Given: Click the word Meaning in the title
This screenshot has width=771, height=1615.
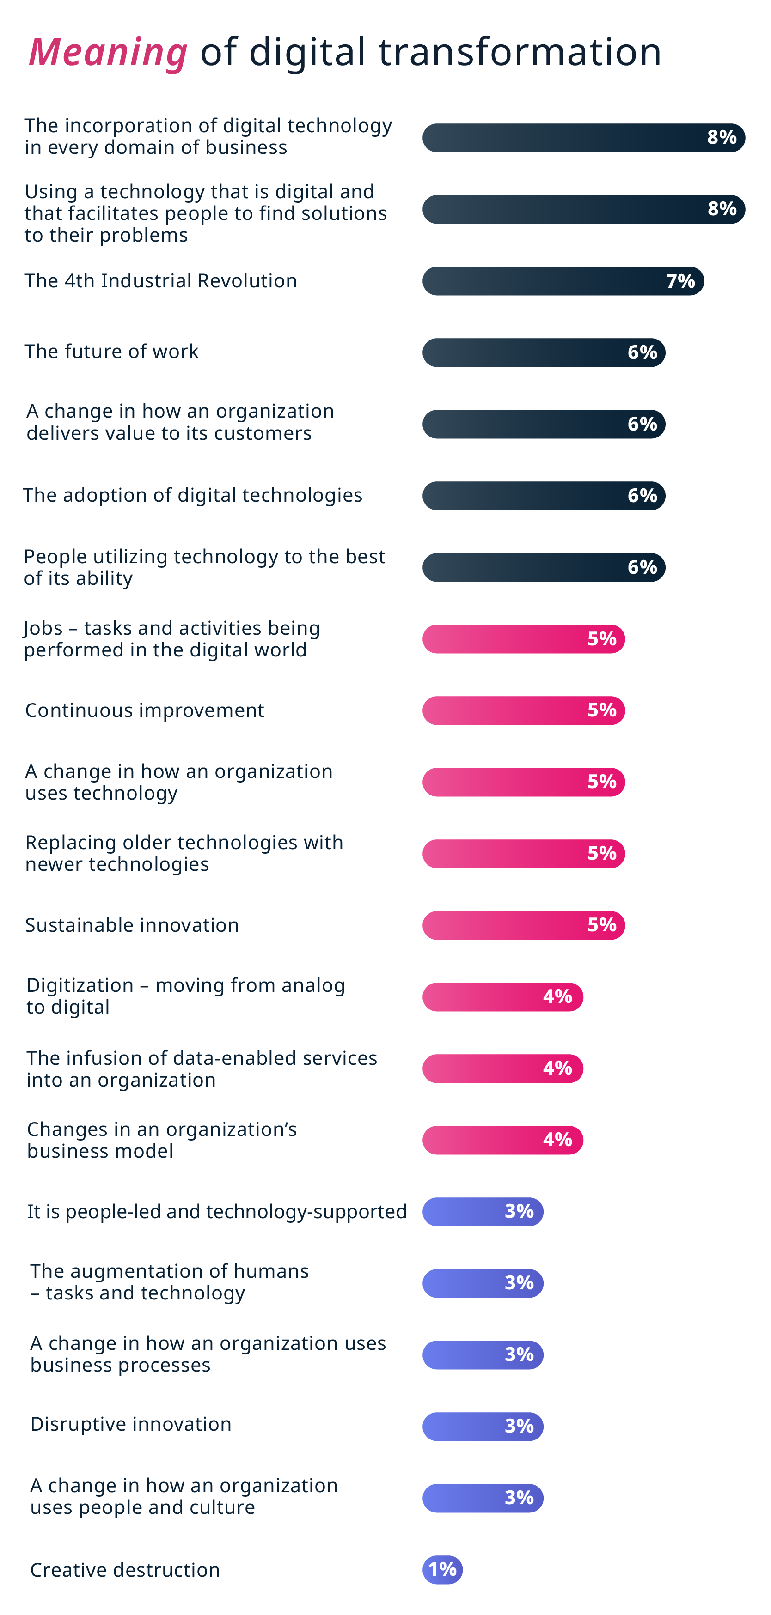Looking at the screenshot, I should tap(108, 52).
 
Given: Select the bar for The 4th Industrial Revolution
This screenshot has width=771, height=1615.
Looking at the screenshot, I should tap(546, 281).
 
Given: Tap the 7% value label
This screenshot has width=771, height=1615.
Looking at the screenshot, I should tap(680, 281).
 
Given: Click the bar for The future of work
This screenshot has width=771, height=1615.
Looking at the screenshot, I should tap(527, 352).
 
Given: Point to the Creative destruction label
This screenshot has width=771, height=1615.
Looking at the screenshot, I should tap(125, 1570).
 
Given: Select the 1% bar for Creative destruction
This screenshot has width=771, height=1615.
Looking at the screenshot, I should tap(442, 1570).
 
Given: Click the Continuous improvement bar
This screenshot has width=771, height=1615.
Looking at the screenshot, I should tap(508, 710).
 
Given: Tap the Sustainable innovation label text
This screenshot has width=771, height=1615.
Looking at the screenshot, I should tap(132, 925).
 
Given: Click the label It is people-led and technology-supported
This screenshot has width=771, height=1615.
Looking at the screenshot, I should tap(217, 1211).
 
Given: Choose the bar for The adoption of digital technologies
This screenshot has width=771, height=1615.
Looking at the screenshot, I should tap(527, 495).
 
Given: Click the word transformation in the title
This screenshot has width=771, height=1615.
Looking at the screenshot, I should tap(520, 52).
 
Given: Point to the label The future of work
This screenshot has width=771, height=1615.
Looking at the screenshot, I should tap(112, 351).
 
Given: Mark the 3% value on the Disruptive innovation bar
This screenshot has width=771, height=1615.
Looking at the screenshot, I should tap(519, 1427).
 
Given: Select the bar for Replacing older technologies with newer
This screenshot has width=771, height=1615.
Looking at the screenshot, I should tap(508, 853).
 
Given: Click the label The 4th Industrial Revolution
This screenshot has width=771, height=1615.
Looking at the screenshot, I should tap(160, 280).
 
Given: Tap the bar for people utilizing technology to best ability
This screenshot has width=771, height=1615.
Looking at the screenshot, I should tap(527, 567).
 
